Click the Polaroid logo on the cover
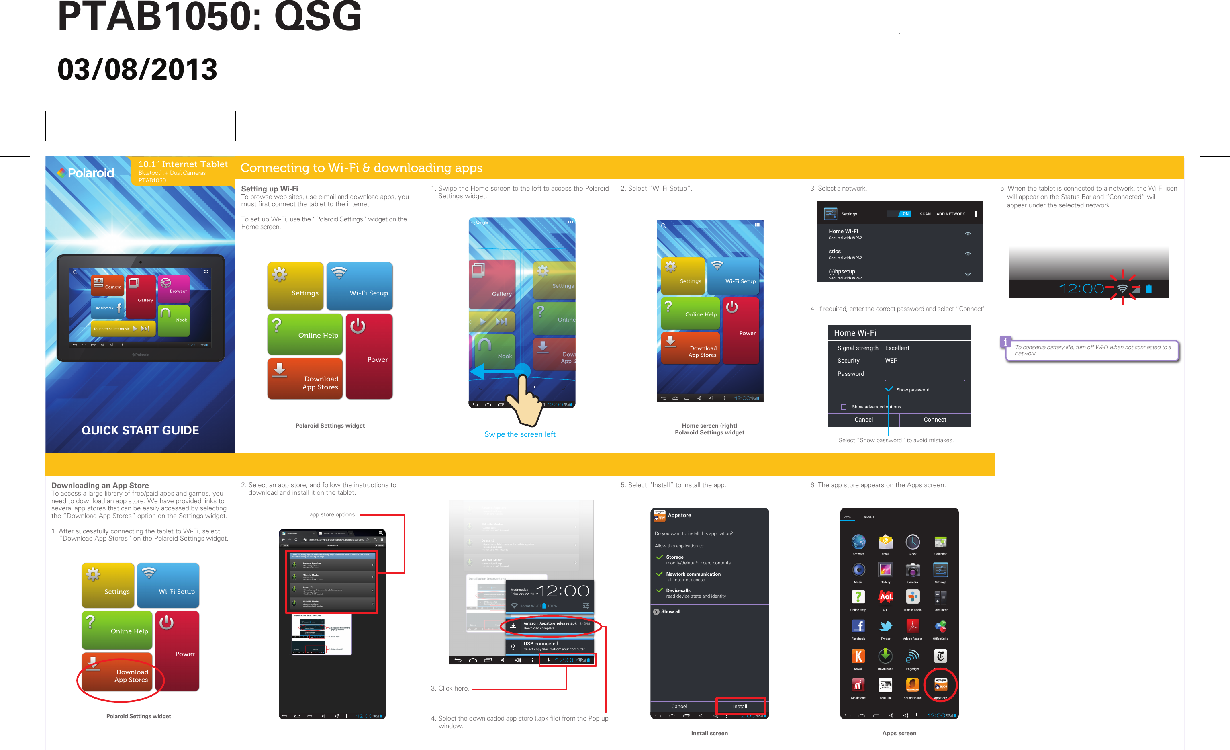86,173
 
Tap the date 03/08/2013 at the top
137,70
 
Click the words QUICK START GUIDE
140,430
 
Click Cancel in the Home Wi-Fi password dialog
863,420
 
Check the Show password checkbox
889,389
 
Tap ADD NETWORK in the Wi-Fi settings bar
950,214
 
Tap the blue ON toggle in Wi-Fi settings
905,214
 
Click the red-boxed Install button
740,706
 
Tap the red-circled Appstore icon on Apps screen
940,686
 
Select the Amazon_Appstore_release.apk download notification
549,626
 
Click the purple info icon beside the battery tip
1005,342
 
